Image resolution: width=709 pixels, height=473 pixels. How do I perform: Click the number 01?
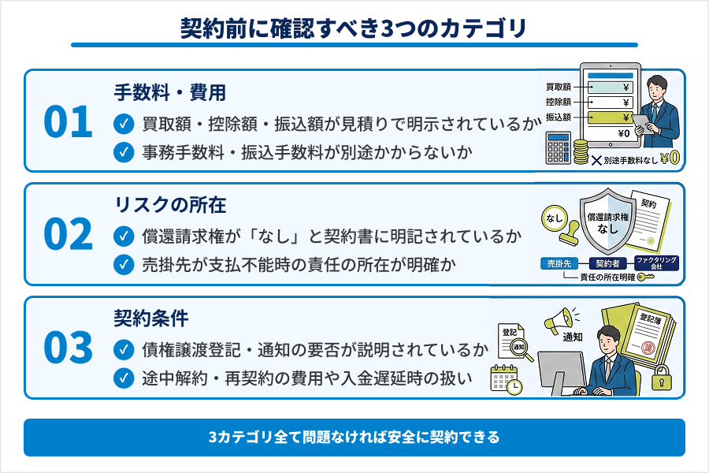(x=68, y=122)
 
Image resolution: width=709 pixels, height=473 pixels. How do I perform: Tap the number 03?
(x=68, y=348)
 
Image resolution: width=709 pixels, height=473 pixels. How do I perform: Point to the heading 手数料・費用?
(x=170, y=93)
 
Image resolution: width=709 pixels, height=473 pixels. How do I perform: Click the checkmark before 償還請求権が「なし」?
(x=124, y=235)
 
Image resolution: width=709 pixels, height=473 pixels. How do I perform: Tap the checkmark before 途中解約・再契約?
(x=124, y=378)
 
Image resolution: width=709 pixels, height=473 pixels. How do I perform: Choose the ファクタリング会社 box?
(x=656, y=263)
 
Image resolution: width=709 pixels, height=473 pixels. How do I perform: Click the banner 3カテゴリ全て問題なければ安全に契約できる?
(x=354, y=437)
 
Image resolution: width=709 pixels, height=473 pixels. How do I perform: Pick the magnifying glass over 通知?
(x=521, y=350)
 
